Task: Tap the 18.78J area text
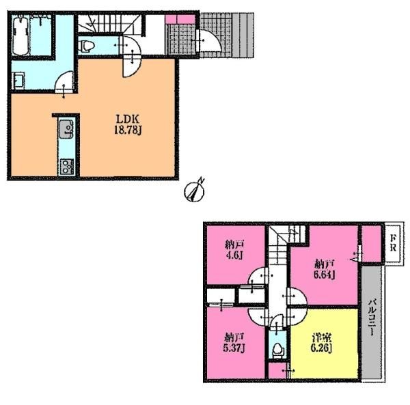(x=128, y=130)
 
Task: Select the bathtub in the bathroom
(x=20, y=35)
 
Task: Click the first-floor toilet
(x=87, y=46)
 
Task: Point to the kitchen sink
(x=67, y=129)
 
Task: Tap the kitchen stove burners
(x=67, y=167)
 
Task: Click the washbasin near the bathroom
(x=18, y=81)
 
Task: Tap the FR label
(x=393, y=243)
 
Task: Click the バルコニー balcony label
(x=372, y=318)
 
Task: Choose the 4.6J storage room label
(x=234, y=250)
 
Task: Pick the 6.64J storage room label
(x=324, y=269)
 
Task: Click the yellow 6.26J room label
(x=321, y=343)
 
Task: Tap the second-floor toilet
(x=277, y=350)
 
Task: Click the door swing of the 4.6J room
(x=258, y=277)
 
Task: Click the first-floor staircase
(x=110, y=24)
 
